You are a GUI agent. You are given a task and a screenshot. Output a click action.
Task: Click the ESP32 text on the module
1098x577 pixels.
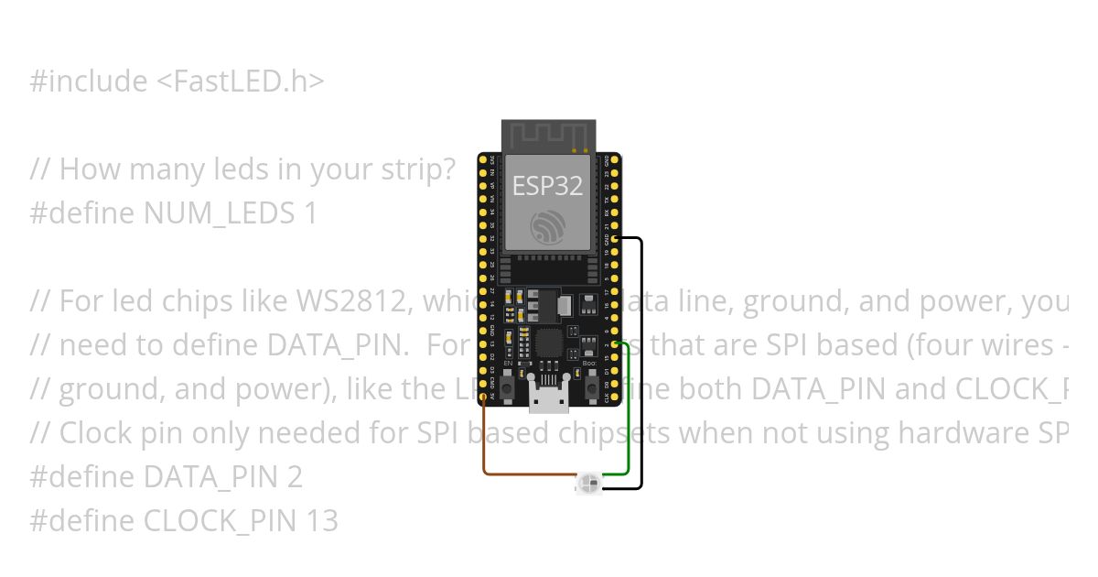coord(547,186)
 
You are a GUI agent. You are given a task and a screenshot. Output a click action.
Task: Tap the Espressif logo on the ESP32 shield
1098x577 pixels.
coord(548,228)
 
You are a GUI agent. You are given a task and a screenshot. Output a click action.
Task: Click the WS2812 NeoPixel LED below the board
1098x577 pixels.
coord(589,483)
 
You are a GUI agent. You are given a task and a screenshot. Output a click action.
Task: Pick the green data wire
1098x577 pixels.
coord(629,412)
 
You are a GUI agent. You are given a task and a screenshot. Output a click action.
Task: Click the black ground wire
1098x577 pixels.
coord(641,366)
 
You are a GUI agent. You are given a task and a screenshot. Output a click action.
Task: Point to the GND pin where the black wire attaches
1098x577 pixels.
coord(615,239)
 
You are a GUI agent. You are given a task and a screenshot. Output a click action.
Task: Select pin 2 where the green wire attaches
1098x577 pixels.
coord(615,345)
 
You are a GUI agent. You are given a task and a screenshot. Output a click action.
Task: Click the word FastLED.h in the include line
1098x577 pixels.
coord(240,82)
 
